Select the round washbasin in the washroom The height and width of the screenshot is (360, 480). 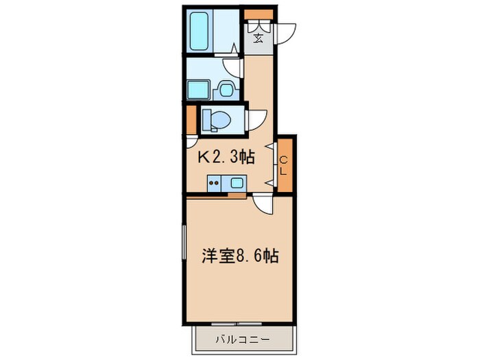tap(224, 88)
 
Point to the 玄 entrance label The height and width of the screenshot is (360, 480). tap(259, 36)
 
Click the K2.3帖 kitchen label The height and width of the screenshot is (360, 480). tap(226, 158)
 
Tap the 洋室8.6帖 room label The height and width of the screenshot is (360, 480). tap(239, 257)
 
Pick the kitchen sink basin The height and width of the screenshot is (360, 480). tap(237, 183)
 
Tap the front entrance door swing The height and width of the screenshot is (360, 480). tap(285, 33)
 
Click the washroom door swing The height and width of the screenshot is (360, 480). tap(233, 67)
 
